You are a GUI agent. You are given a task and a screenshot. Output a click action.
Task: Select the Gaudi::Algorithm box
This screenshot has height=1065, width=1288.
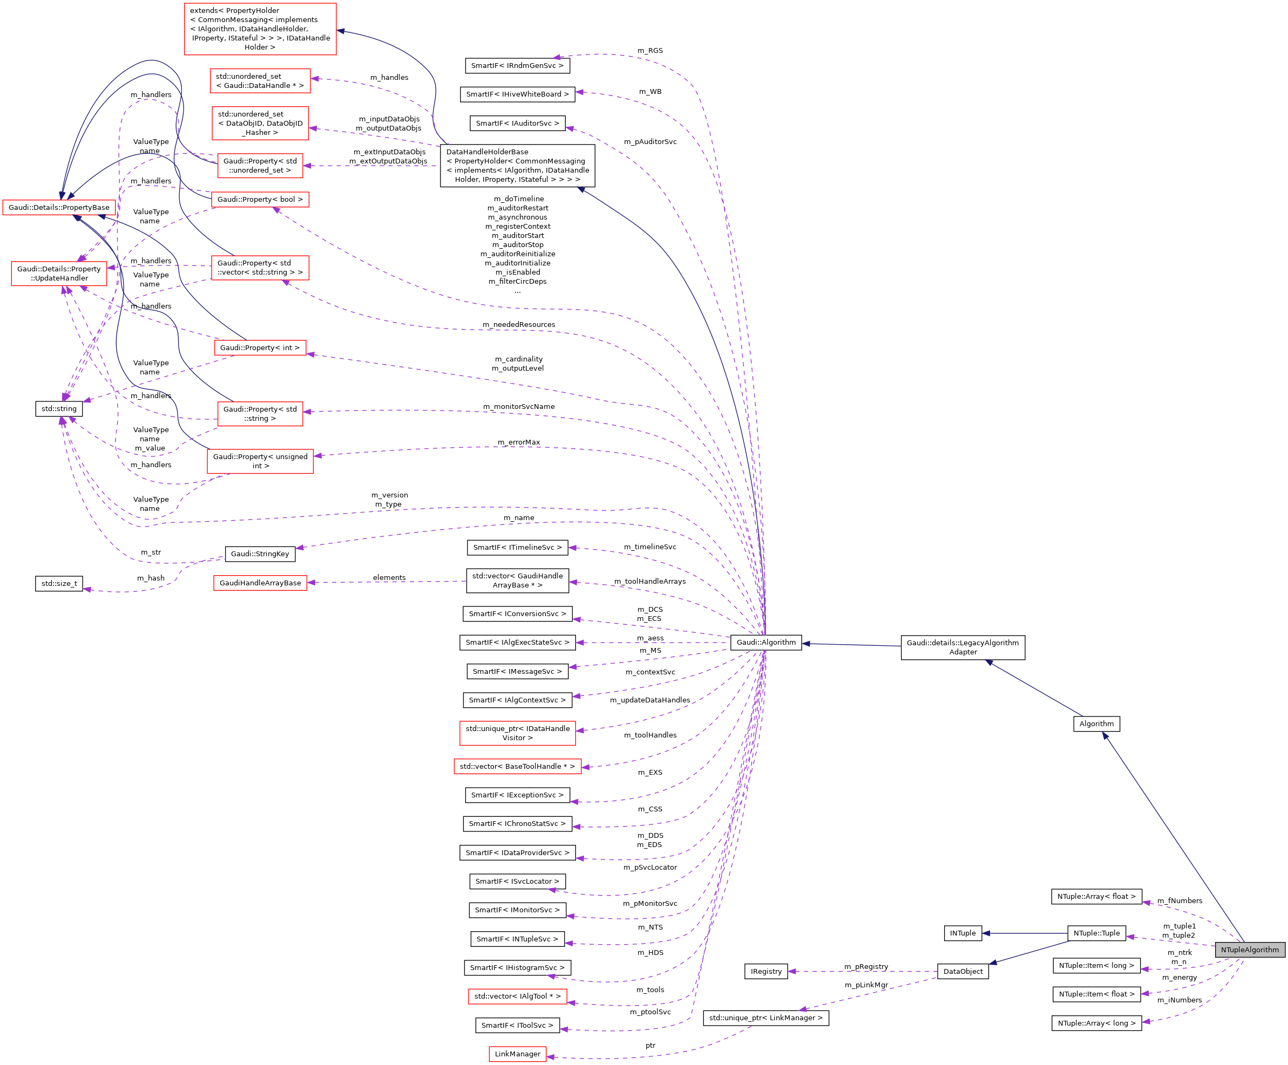765,642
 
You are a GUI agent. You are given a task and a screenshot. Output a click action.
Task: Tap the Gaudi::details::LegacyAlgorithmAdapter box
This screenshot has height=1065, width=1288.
962,647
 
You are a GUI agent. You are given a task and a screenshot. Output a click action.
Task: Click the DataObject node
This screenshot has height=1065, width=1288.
962,971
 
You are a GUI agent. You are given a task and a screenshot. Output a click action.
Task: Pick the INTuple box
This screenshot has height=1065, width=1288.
962,933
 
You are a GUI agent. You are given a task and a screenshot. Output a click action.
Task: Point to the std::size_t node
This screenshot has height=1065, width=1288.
59,583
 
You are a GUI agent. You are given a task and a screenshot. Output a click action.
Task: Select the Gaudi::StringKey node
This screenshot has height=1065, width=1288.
260,554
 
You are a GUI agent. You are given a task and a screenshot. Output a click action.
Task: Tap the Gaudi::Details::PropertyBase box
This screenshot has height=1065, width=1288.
59,207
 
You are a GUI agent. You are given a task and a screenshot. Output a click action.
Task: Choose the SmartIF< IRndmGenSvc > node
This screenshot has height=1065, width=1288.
517,66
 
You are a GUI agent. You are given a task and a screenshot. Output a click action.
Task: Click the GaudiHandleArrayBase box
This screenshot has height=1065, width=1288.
260,583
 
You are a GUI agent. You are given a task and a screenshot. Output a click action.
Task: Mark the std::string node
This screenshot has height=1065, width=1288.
59,408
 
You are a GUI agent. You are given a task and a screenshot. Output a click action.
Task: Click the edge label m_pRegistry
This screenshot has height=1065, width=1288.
865,966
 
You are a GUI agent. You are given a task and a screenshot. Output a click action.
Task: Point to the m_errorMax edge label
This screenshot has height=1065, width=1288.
518,442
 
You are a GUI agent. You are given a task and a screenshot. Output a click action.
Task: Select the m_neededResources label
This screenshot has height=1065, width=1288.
518,324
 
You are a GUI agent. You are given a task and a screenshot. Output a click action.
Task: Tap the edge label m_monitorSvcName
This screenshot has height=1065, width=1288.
518,406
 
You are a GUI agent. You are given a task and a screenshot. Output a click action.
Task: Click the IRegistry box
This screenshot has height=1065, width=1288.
766,971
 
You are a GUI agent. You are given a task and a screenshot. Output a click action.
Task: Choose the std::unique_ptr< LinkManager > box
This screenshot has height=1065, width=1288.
765,1018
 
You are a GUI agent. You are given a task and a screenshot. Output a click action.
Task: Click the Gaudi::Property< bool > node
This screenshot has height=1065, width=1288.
260,199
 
